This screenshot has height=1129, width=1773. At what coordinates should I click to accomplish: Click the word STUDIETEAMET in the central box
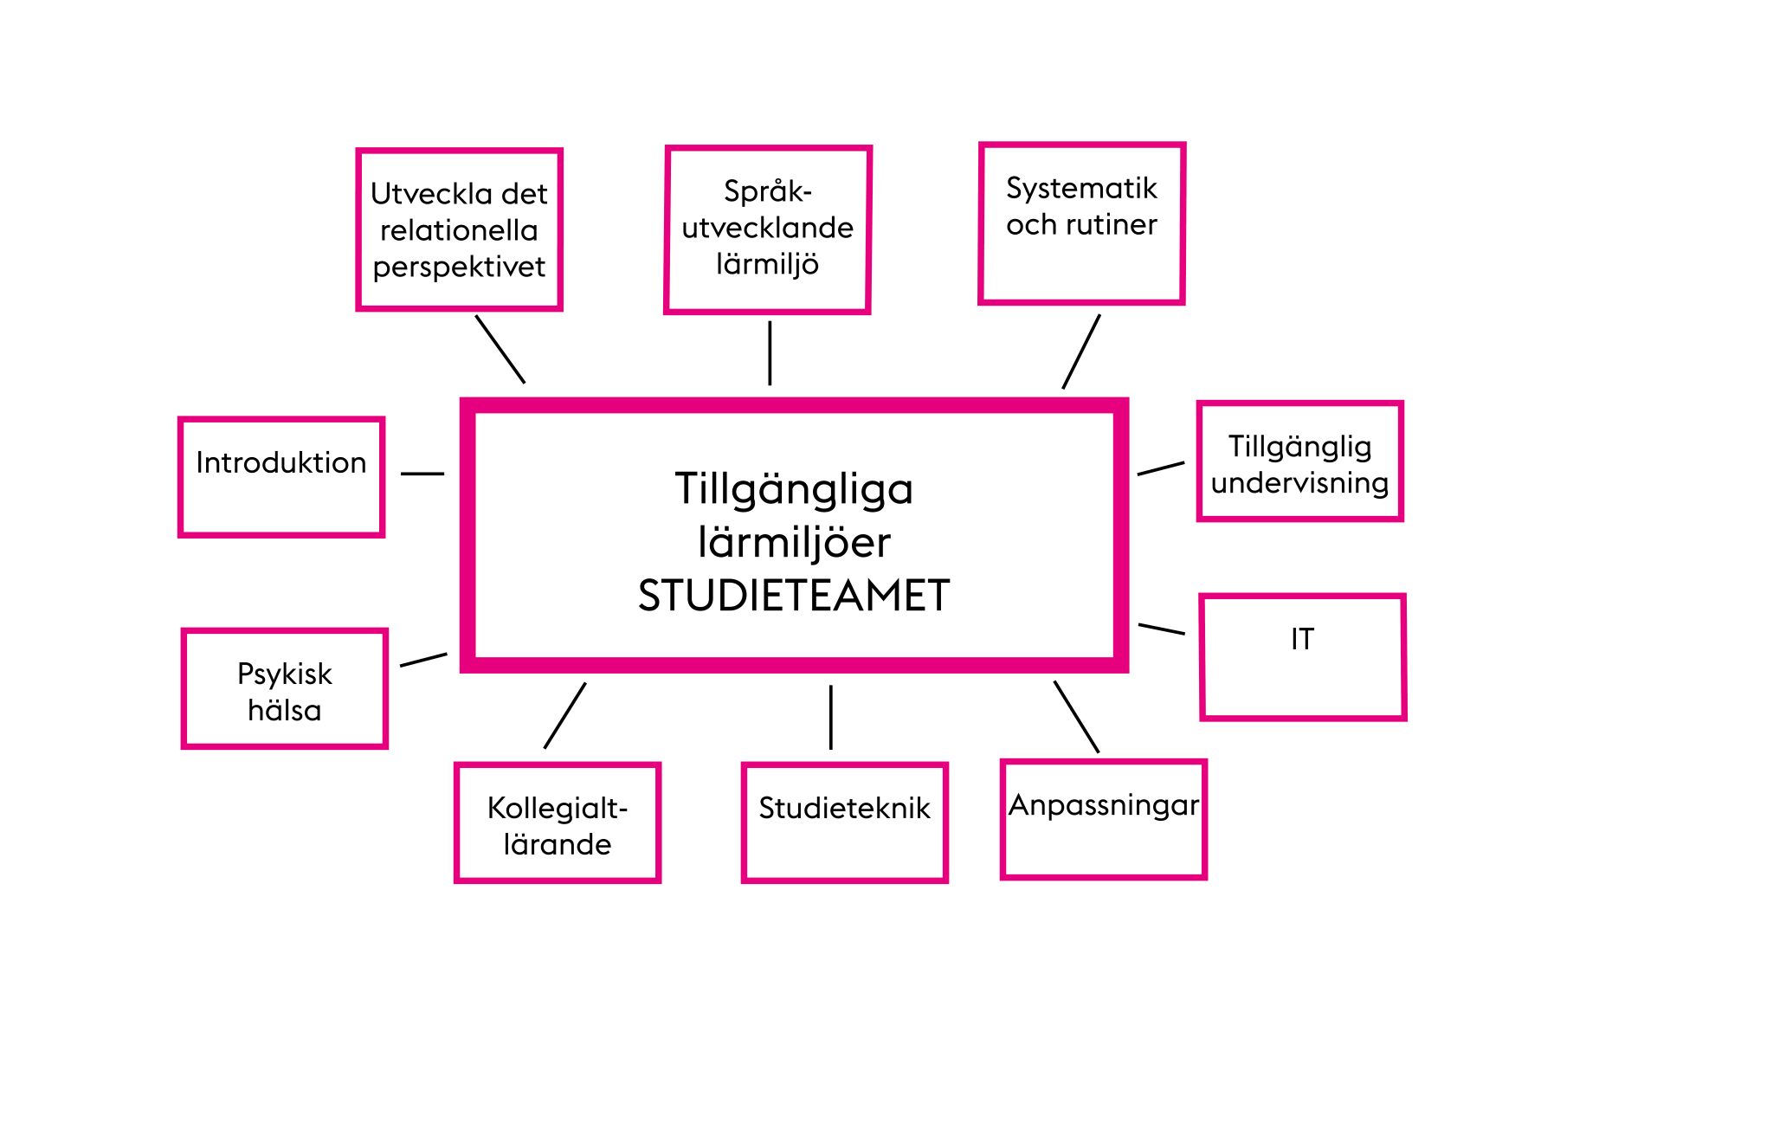pyautogui.click(x=794, y=596)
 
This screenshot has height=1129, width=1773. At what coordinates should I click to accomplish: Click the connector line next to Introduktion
pyautogui.click(x=422, y=474)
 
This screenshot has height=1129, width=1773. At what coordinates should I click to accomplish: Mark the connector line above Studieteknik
pyautogui.click(x=831, y=718)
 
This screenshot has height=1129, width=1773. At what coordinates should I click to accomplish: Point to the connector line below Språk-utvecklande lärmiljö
pyautogui.click(x=770, y=353)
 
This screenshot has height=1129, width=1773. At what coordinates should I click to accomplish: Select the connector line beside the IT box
pyautogui.click(x=1162, y=629)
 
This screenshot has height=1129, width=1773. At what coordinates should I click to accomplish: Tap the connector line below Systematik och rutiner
pyautogui.click(x=1081, y=352)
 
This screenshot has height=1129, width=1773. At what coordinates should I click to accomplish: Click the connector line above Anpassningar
pyautogui.click(x=1076, y=717)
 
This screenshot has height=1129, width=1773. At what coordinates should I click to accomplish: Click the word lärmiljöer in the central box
pyautogui.click(x=794, y=543)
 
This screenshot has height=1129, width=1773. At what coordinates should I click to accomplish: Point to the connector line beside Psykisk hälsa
pyautogui.click(x=424, y=660)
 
